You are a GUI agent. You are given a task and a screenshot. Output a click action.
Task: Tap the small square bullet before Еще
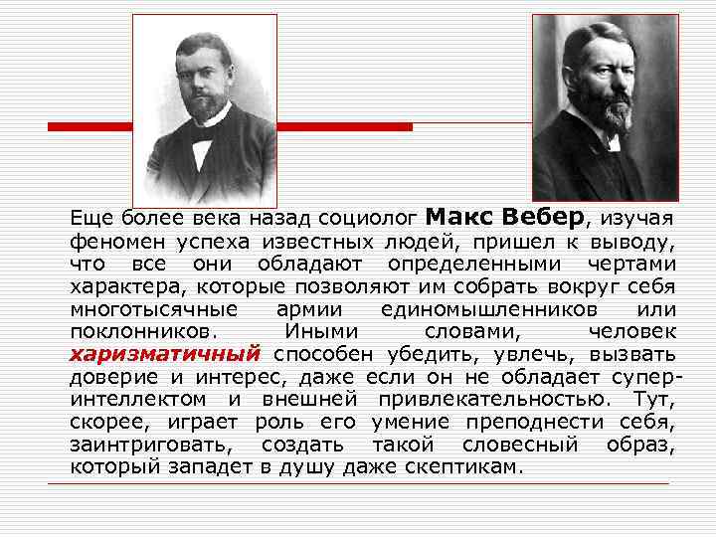pos(57,218)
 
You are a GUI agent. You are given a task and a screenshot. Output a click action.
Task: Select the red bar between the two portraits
pos(344,127)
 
